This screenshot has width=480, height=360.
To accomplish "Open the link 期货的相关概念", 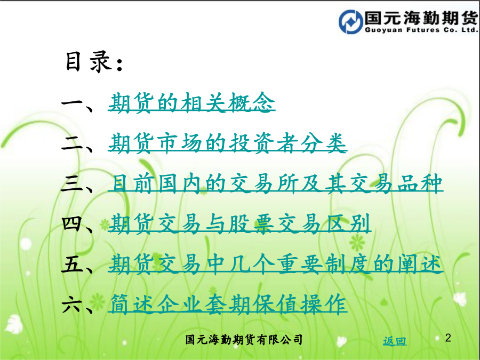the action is [x=191, y=102].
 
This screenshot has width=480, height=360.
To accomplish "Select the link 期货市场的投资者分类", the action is [x=227, y=142].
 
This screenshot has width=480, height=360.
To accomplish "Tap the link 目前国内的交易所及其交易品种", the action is [x=276, y=183].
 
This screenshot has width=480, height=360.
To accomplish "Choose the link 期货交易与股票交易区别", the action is [x=239, y=223].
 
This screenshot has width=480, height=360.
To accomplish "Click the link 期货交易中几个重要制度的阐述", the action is [x=276, y=263].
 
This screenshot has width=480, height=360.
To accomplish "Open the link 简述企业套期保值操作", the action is [x=227, y=304].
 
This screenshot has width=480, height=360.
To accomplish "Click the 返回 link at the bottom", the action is [x=395, y=341].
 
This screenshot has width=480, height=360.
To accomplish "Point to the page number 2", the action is [x=448, y=338].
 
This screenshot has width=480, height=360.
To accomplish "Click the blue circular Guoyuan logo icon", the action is [x=350, y=21].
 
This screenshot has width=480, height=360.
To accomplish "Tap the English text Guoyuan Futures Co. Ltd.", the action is [x=421, y=30].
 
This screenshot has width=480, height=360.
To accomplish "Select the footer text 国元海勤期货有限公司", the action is [x=244, y=340].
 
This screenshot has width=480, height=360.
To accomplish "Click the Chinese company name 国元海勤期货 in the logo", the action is [x=421, y=18].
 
